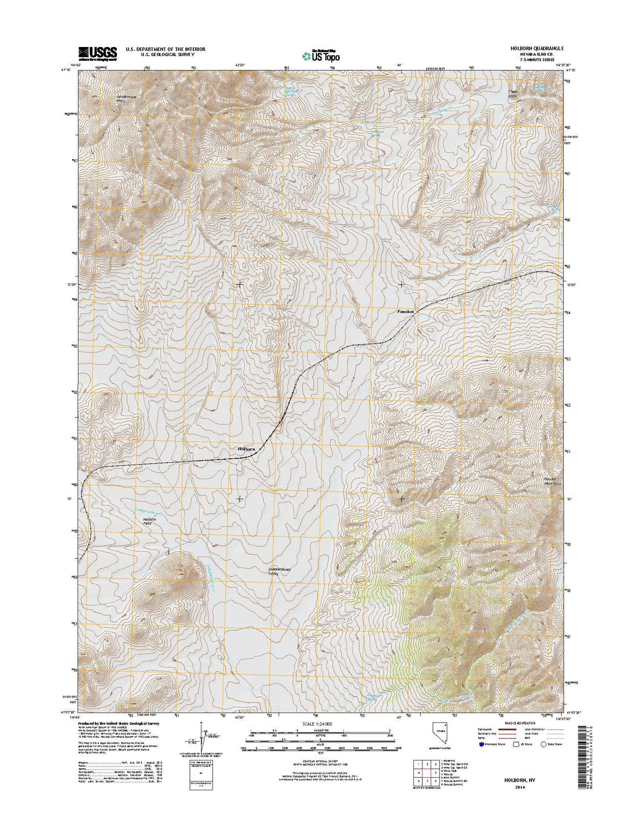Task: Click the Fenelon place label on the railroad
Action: (405, 312)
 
